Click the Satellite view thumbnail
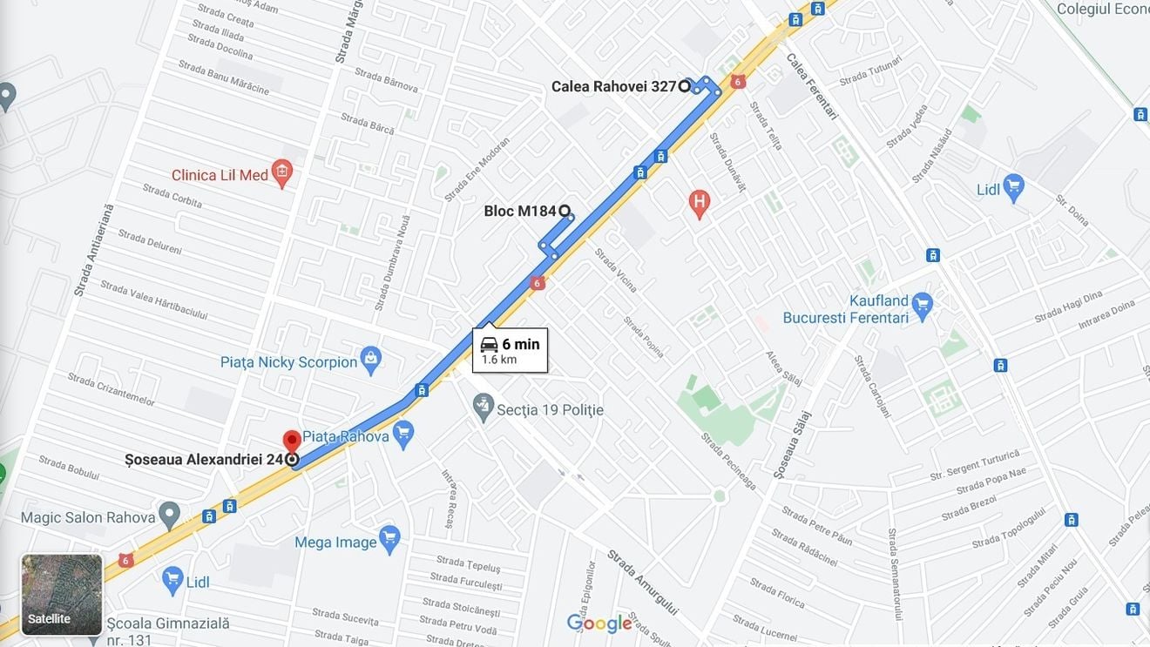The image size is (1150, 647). coord(62,595)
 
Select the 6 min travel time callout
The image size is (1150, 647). coord(510,350)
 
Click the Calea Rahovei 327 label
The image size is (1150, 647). coord(613,86)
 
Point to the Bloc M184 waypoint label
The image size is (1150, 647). coord(519,211)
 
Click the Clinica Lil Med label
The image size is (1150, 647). coord(220,175)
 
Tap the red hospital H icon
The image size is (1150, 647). coord(699,203)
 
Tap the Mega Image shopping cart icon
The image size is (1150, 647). coord(389,538)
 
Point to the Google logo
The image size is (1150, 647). coord(599,623)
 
